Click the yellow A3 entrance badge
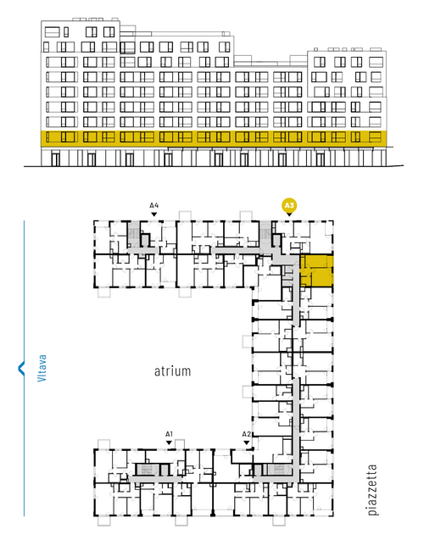click(x=289, y=206)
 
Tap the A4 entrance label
click(x=154, y=206)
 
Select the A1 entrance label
click(x=169, y=434)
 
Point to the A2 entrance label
click(x=246, y=434)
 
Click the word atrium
click(x=172, y=371)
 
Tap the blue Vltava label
click(x=42, y=368)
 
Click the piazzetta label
click(x=372, y=490)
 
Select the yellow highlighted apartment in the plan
click(x=316, y=270)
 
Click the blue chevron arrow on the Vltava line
click(x=21, y=368)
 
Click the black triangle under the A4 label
click(x=154, y=214)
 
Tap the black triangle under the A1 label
click(x=169, y=443)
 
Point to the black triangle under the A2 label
click(x=246, y=443)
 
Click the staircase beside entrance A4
click(x=133, y=234)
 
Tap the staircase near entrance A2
click(x=278, y=470)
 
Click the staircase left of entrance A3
click(x=265, y=234)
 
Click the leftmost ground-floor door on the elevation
click(x=55, y=159)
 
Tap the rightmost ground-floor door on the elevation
click(x=320, y=159)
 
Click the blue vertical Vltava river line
click(x=24, y=368)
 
